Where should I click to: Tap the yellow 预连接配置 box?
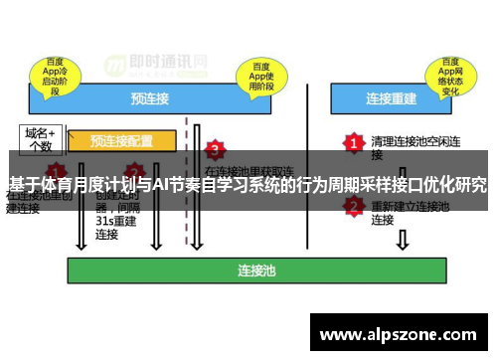[121, 140]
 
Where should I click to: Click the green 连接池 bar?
[255, 270]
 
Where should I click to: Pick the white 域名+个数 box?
[41, 138]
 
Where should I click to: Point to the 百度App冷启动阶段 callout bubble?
[57, 74]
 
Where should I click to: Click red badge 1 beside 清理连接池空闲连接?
[353, 141]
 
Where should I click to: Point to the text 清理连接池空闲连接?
[409, 147]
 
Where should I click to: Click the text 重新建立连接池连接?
[409, 213]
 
